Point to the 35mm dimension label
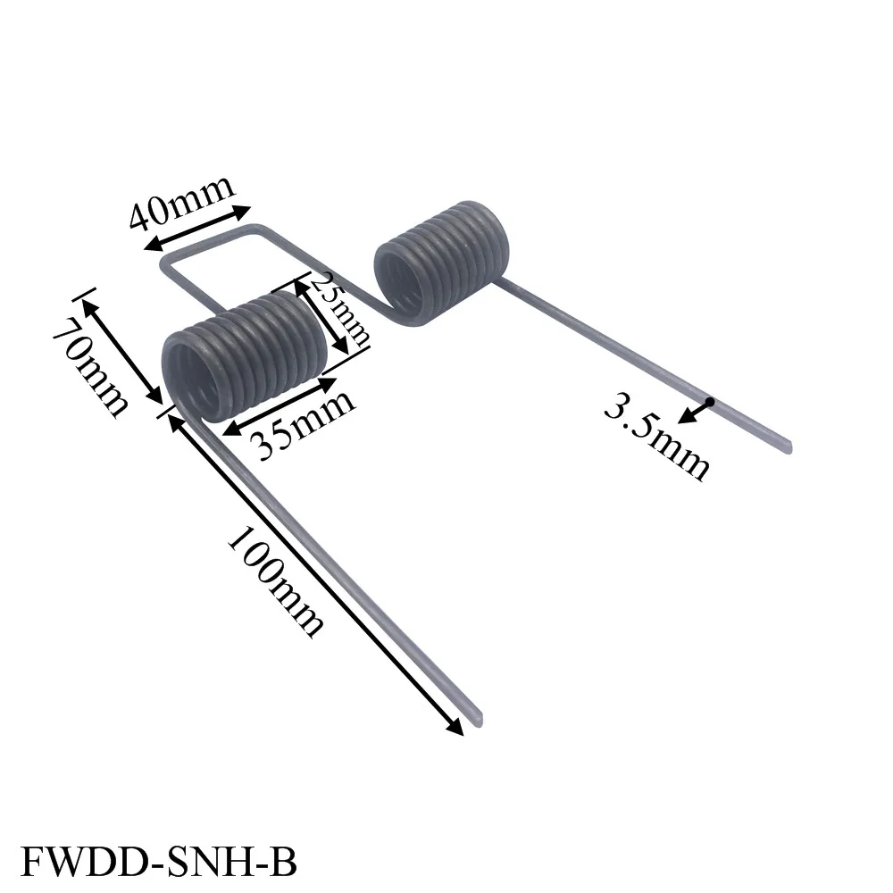pyautogui.click(x=304, y=423)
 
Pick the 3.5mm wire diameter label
pyautogui.click(x=656, y=438)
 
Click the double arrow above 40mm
pyautogui.click(x=197, y=228)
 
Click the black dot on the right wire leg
pyautogui.click(x=708, y=403)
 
